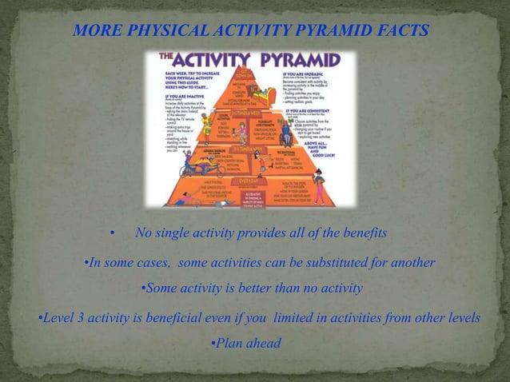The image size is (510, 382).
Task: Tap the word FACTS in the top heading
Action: click(x=403, y=31)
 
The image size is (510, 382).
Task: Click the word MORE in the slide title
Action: click(x=94, y=31)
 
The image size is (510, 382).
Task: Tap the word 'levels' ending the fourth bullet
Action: click(x=461, y=318)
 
